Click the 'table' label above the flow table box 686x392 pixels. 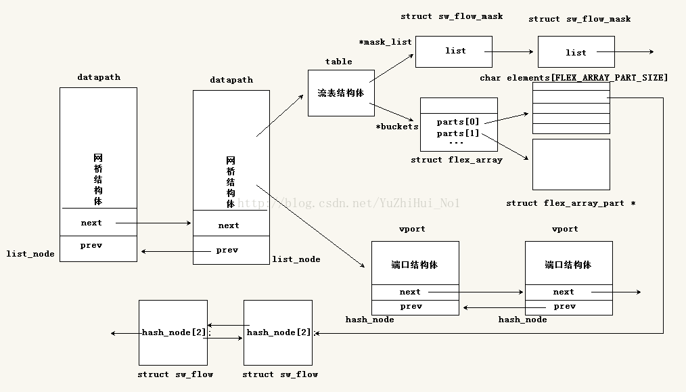(x=338, y=62)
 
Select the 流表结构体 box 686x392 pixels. (x=340, y=93)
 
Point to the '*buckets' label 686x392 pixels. (x=397, y=127)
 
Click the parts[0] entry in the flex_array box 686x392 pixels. (x=458, y=122)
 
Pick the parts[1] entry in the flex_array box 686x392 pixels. (x=458, y=133)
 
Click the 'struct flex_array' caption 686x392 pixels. (x=457, y=160)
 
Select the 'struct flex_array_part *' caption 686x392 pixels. (x=570, y=203)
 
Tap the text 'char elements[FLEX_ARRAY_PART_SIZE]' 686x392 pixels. (x=574, y=78)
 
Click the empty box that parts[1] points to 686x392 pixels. (x=571, y=164)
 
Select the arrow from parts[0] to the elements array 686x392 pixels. (x=506, y=118)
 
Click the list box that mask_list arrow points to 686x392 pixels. (x=454, y=51)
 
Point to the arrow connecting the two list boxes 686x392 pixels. (x=511, y=51)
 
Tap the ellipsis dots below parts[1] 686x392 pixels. (x=456, y=143)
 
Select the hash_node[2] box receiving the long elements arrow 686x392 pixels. (x=278, y=332)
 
